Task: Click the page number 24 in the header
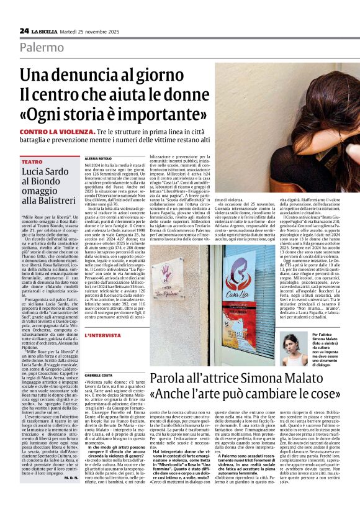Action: coord(24,30)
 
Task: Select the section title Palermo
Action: coord(41,48)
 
